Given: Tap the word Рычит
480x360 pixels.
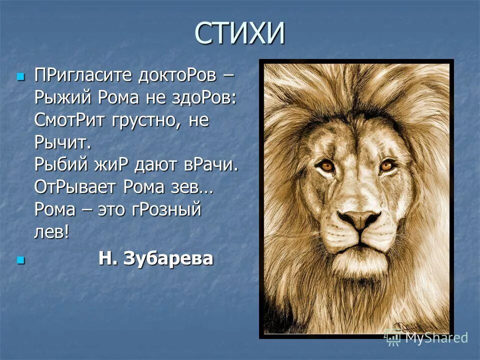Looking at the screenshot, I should tap(62, 143).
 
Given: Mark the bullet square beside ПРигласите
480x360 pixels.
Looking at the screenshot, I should tap(20, 76).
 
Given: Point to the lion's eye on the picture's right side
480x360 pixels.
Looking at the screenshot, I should tap(386, 165).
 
